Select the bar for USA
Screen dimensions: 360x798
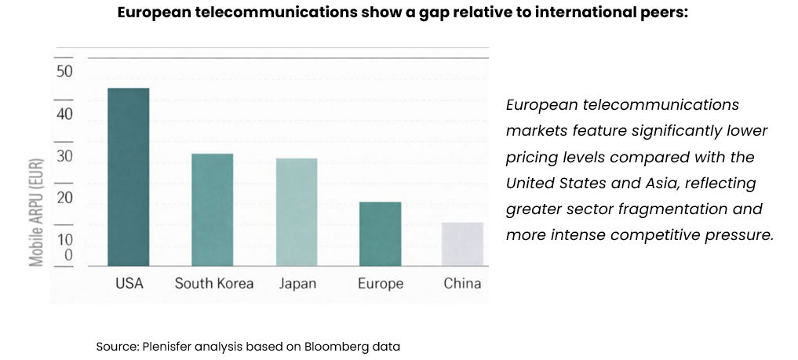[129, 176]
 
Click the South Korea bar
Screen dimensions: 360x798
[213, 209]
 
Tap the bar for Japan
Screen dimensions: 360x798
[297, 212]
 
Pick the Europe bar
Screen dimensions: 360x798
[381, 234]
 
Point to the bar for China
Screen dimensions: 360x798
[463, 244]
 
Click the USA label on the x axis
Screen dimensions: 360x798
[129, 283]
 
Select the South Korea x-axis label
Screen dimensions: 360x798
[213, 283]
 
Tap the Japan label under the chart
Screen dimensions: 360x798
[297, 283]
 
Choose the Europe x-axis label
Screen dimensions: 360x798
[381, 283]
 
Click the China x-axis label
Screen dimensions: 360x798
[462, 283]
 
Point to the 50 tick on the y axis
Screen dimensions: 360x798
[64, 72]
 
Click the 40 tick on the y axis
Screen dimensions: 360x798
[64, 115]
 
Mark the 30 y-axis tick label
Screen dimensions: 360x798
[64, 156]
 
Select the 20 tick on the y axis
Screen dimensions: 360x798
[64, 198]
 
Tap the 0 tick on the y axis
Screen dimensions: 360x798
[68, 255]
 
